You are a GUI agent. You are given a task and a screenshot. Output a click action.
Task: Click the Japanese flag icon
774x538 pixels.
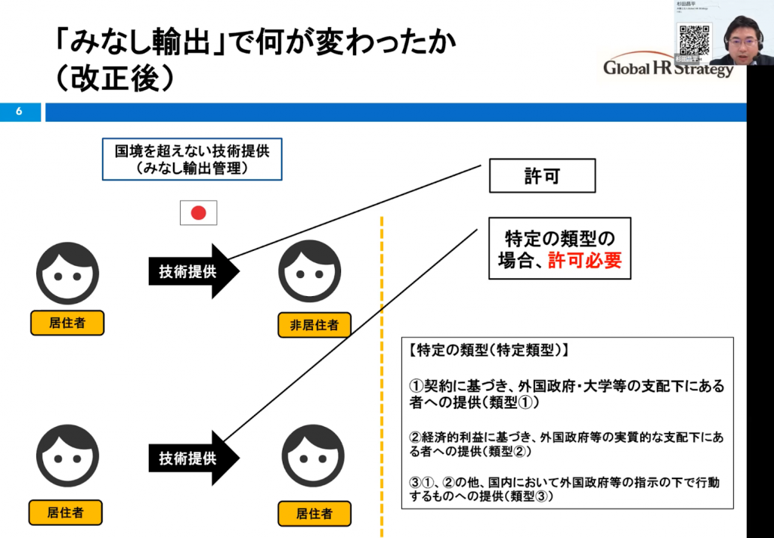(x=198, y=213)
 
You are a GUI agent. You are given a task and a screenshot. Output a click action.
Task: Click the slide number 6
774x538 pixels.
(x=19, y=112)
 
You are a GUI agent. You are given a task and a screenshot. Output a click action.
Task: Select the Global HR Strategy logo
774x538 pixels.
(x=668, y=69)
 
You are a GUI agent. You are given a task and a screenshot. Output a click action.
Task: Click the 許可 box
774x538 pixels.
(x=542, y=176)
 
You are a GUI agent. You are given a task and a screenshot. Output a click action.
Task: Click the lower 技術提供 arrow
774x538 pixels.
(x=193, y=458)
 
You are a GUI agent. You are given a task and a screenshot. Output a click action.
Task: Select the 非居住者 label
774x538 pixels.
(x=314, y=326)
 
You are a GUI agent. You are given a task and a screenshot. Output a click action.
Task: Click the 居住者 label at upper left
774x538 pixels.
(x=67, y=323)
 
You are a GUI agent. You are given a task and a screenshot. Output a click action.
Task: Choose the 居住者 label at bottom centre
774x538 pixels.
(x=314, y=514)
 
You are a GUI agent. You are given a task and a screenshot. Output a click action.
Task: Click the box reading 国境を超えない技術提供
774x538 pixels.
(x=192, y=159)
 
